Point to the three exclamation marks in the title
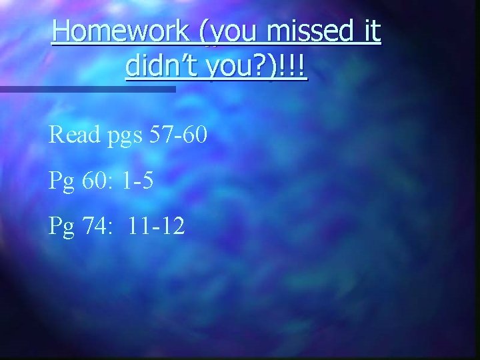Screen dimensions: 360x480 [x=293, y=67]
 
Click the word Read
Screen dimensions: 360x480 [x=75, y=136]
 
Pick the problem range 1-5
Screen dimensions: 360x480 [x=139, y=181]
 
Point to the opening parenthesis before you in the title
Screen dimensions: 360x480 [x=193, y=32]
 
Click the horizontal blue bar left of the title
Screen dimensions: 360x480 [x=87, y=89]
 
